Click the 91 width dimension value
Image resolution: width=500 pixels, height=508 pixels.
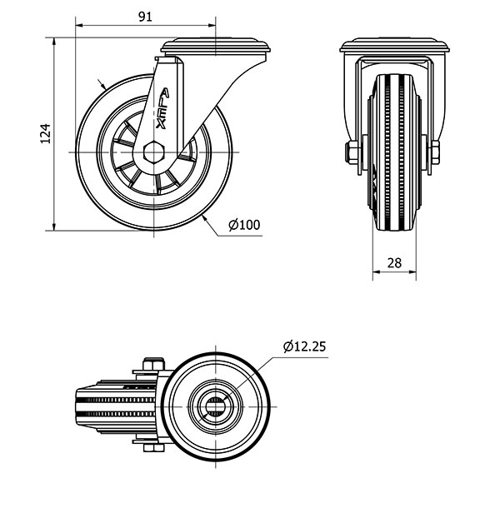(145, 17)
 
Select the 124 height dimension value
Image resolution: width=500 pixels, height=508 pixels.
(46, 133)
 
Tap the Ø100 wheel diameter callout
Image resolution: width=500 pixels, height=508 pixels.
(244, 225)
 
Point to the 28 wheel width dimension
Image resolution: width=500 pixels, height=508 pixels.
(394, 263)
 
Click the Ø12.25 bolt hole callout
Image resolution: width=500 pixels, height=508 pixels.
(304, 346)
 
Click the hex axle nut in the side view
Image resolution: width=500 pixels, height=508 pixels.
(154, 152)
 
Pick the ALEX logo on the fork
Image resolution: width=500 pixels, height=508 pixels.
(162, 108)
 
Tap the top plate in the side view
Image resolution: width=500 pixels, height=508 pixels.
(216, 47)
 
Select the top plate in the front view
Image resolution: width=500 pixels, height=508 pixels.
(395, 45)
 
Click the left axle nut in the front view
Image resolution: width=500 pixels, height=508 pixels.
(352, 152)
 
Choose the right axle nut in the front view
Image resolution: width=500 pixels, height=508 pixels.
(435, 152)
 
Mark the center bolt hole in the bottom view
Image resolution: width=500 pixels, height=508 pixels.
(215, 406)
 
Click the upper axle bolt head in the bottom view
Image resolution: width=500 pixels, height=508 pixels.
(153, 364)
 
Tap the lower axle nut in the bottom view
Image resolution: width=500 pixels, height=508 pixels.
(153, 448)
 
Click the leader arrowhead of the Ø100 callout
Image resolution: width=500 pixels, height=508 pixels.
(205, 218)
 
